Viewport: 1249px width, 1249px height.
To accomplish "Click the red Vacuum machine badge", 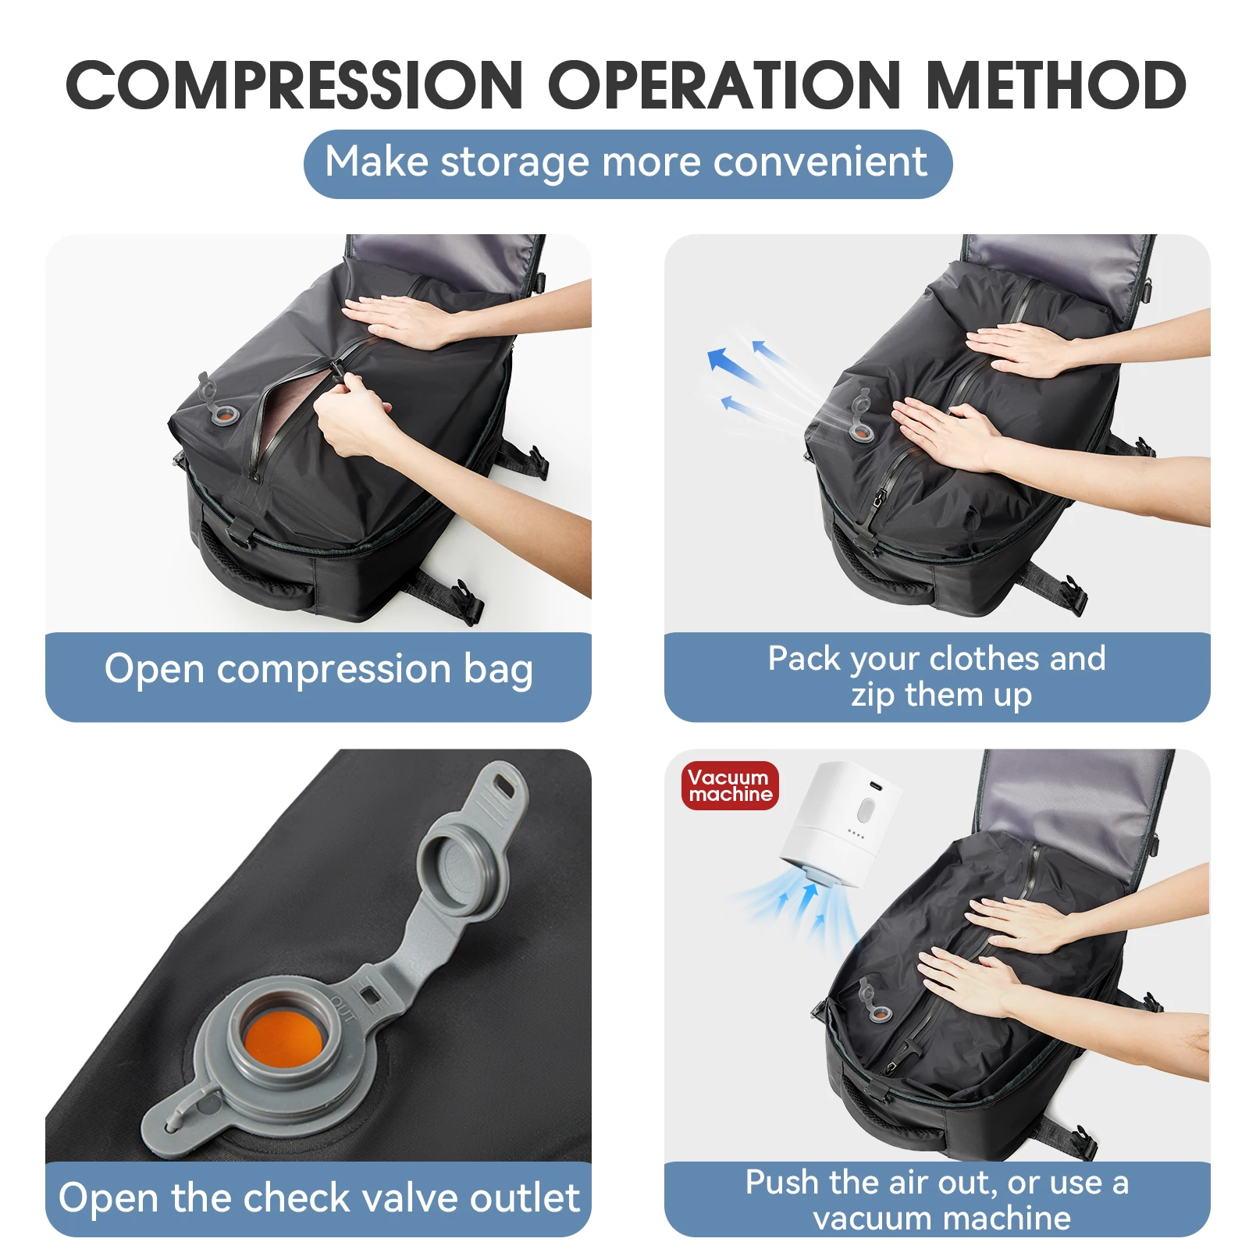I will coord(730,785).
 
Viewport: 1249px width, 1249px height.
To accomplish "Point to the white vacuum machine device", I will coord(839,827).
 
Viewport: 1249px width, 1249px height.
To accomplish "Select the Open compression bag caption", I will coord(318,670).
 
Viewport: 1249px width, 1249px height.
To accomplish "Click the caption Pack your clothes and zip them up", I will coord(937,676).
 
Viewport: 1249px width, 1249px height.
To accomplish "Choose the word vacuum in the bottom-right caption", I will coord(862,1219).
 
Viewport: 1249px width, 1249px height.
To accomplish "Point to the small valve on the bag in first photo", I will coord(223,414).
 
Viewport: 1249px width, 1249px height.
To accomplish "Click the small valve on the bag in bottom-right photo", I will coord(879,1012).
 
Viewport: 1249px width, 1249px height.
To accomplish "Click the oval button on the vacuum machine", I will coord(864,810).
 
